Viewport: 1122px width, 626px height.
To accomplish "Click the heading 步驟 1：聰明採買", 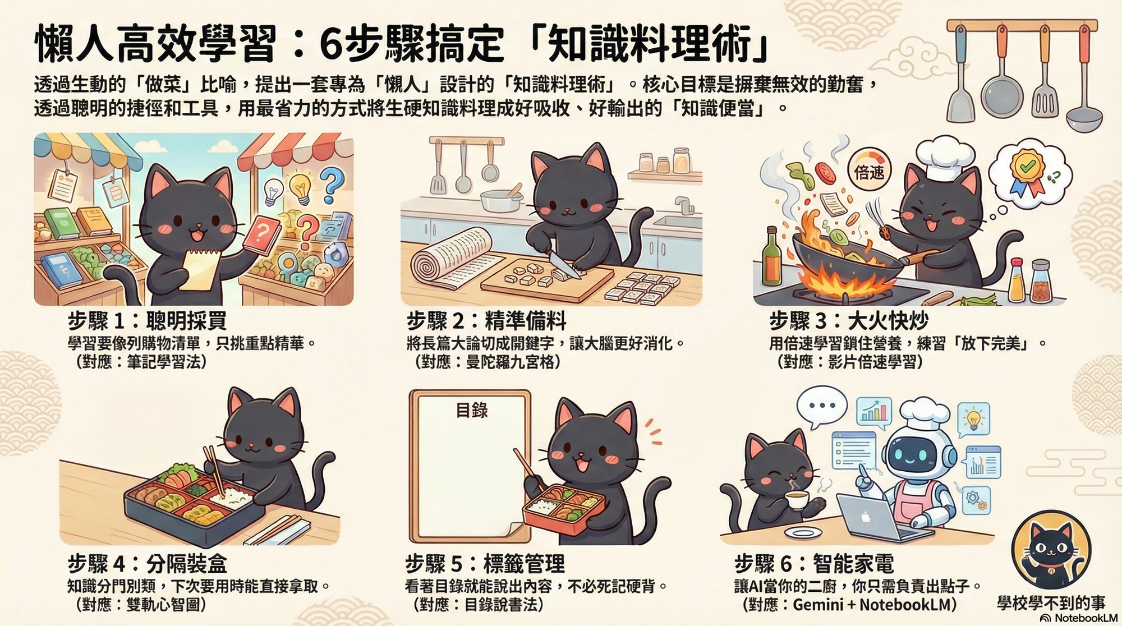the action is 147,321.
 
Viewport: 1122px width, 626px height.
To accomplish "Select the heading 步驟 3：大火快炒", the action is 849,321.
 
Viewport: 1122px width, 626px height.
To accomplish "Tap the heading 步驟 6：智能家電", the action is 814,563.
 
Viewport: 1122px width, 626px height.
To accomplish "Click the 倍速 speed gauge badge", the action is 869,169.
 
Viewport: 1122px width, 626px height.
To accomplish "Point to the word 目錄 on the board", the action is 471,410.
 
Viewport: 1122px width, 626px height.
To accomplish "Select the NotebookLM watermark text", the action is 1078,618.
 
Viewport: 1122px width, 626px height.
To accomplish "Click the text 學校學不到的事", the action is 1051,602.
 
